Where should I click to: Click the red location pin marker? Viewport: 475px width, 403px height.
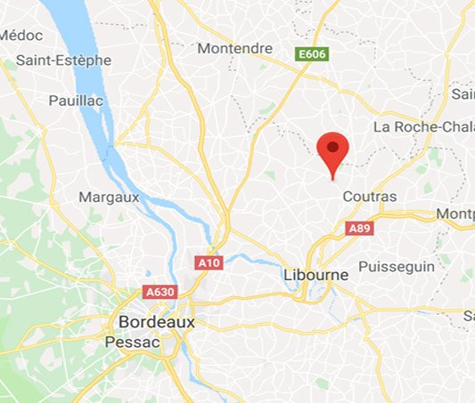(x=333, y=149)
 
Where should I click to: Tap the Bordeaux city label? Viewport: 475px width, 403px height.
(x=156, y=321)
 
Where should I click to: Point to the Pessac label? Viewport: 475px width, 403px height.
(x=131, y=342)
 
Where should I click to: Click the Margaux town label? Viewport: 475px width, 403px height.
(x=109, y=197)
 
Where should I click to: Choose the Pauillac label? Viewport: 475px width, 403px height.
(x=77, y=101)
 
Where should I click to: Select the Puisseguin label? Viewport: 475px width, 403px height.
(x=395, y=266)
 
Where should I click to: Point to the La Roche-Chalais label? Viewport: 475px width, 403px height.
(x=423, y=126)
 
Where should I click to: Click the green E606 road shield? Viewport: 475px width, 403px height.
(x=311, y=55)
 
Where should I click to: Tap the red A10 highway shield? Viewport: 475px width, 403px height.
(x=209, y=262)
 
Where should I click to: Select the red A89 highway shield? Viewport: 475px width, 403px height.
(x=359, y=228)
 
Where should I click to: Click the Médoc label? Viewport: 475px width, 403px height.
(x=15, y=35)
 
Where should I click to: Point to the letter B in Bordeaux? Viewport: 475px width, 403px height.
(x=124, y=321)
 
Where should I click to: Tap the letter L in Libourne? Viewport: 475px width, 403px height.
(x=286, y=275)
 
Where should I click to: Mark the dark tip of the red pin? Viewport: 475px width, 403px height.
(x=333, y=177)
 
